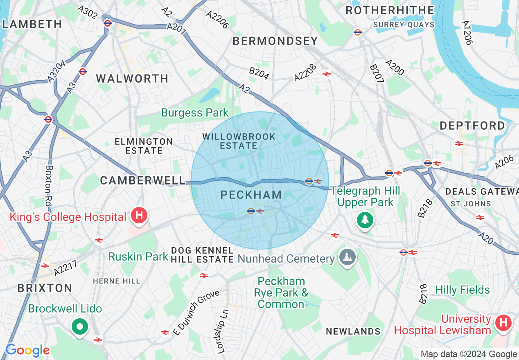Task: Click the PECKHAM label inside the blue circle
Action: tap(251, 195)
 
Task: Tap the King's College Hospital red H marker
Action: tap(139, 215)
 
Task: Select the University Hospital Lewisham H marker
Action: tap(503, 323)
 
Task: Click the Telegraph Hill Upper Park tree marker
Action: tap(365, 220)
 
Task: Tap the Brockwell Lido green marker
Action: tap(80, 326)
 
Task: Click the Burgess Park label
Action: tap(195, 112)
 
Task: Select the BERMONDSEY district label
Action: tap(275, 41)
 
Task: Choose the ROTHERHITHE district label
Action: tap(390, 10)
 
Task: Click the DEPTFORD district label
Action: tap(472, 126)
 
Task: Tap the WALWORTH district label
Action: tap(132, 79)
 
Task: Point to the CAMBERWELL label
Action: tap(143, 180)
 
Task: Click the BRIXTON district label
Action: tap(45, 288)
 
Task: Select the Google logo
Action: tap(27, 351)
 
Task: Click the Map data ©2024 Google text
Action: tap(469, 354)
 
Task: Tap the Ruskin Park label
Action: tap(138, 256)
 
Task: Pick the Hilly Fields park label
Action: tap(462, 290)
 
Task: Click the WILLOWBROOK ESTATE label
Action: tap(239, 141)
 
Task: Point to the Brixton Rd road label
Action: tap(49, 186)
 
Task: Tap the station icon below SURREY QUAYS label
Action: tap(357, 32)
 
